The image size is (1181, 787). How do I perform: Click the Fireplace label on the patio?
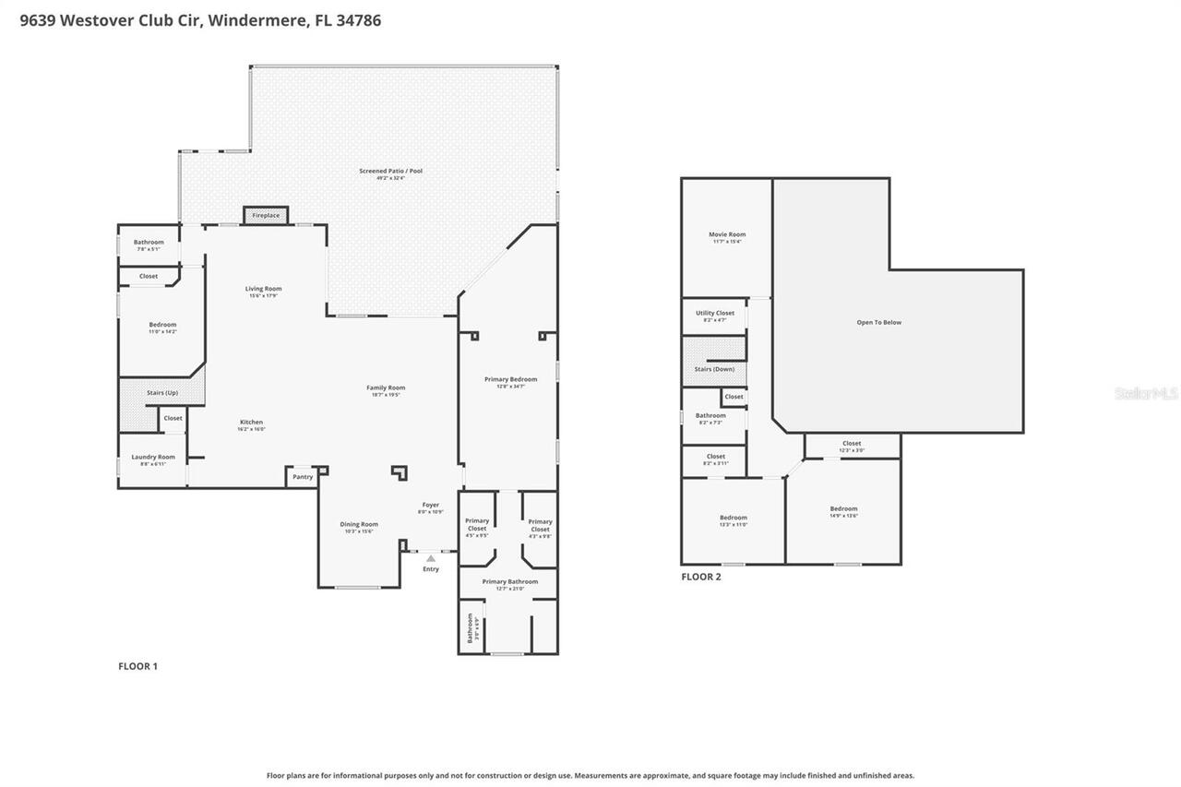pos(266,215)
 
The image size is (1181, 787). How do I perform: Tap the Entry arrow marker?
pos(431,558)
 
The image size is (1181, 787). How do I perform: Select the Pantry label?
pos(303,477)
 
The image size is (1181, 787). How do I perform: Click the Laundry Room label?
pos(153,457)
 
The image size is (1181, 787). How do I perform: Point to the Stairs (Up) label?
pos(162,393)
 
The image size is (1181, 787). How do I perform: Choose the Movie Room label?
pos(727,234)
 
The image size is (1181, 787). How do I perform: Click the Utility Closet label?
pos(715,313)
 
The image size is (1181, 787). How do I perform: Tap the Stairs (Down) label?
pos(714,369)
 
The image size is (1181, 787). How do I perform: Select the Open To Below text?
pos(878,322)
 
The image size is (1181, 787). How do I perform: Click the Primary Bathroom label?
pos(509,581)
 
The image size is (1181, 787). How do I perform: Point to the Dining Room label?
pos(359,524)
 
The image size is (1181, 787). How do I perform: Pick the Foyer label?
pos(431,505)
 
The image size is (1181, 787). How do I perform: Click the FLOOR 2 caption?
pos(701,577)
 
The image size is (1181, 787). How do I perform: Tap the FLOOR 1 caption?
pos(138,666)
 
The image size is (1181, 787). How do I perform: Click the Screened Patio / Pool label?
pos(392,171)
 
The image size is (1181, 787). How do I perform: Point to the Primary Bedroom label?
pos(510,379)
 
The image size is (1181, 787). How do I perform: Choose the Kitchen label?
pos(252,422)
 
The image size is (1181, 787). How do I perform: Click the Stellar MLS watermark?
pos(1146,393)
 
